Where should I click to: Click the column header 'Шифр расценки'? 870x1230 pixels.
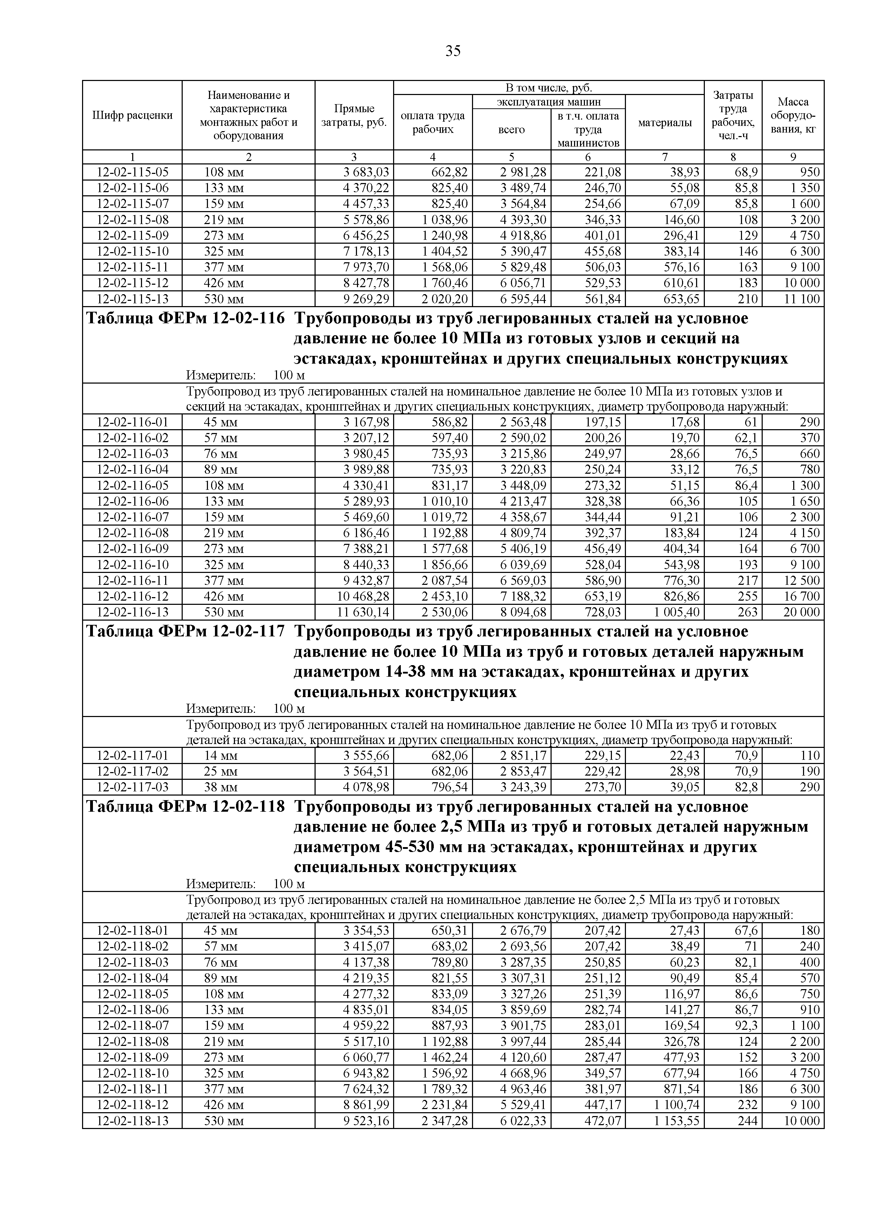point(132,115)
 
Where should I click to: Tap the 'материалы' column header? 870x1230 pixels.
point(665,123)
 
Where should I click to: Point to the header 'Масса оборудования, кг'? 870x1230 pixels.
point(793,115)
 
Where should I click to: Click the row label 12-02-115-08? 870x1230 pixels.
point(132,219)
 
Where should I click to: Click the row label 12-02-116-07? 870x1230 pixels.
point(132,517)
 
